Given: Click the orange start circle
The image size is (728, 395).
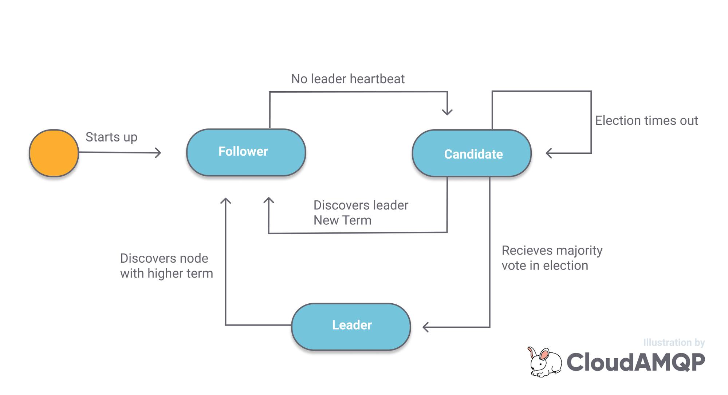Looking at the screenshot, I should (54, 153).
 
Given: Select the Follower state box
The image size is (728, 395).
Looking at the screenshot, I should (246, 152).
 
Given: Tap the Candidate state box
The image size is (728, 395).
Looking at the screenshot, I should (472, 153).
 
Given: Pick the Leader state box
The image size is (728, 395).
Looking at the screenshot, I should (351, 326).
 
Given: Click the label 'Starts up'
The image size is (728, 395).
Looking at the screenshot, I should (111, 137).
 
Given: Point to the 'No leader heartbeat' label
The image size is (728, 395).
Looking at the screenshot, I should (348, 79).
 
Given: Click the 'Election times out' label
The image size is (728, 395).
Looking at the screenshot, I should (646, 121).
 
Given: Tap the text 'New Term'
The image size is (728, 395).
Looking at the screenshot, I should (342, 220).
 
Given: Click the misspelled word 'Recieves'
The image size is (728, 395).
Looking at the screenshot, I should (527, 251).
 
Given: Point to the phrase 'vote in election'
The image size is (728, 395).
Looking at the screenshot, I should (545, 266).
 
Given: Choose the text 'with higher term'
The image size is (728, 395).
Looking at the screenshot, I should (166, 274).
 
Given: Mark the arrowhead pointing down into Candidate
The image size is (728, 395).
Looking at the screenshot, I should (447, 112).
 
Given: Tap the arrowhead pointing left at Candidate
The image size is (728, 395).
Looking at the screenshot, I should (549, 153).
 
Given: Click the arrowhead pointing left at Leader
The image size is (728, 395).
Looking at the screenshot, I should (425, 327).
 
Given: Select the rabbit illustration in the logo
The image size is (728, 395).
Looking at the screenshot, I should (544, 362).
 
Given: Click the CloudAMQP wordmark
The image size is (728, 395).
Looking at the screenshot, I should (635, 362).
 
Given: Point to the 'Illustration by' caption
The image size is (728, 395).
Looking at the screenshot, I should (674, 343).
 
